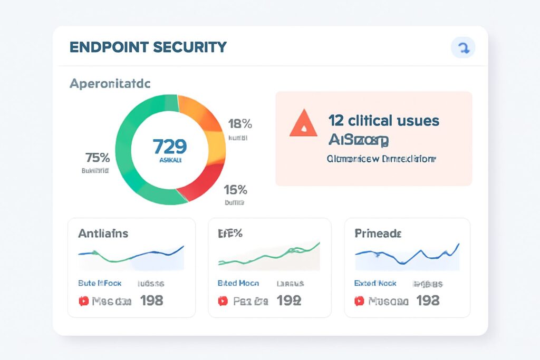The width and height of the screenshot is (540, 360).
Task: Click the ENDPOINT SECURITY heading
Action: pos(148,47)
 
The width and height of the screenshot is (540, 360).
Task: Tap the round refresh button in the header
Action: pos(463,48)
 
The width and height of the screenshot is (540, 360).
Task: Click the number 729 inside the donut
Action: pos(169,146)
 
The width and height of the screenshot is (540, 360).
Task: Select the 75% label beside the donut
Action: pos(97,158)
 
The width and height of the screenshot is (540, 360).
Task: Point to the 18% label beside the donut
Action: pos(240,124)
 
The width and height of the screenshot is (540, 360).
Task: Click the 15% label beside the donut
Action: pos(236,190)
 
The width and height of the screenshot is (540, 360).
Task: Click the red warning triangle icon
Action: pos(304,125)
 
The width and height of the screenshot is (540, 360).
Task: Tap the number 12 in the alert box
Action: pos(336,121)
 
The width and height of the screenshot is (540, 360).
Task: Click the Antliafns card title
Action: pos(103,233)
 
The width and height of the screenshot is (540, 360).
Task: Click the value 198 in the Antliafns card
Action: pos(151,301)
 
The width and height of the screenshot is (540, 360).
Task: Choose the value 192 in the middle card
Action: pos(289,301)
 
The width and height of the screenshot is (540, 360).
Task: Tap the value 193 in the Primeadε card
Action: pos(428,301)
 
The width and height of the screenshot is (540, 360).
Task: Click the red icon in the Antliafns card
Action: pos(83,301)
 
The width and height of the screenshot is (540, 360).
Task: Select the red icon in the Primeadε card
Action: pos(360,301)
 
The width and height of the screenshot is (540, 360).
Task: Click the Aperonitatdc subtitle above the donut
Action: pos(110,83)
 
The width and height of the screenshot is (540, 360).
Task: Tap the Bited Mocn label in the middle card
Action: pos(238,283)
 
